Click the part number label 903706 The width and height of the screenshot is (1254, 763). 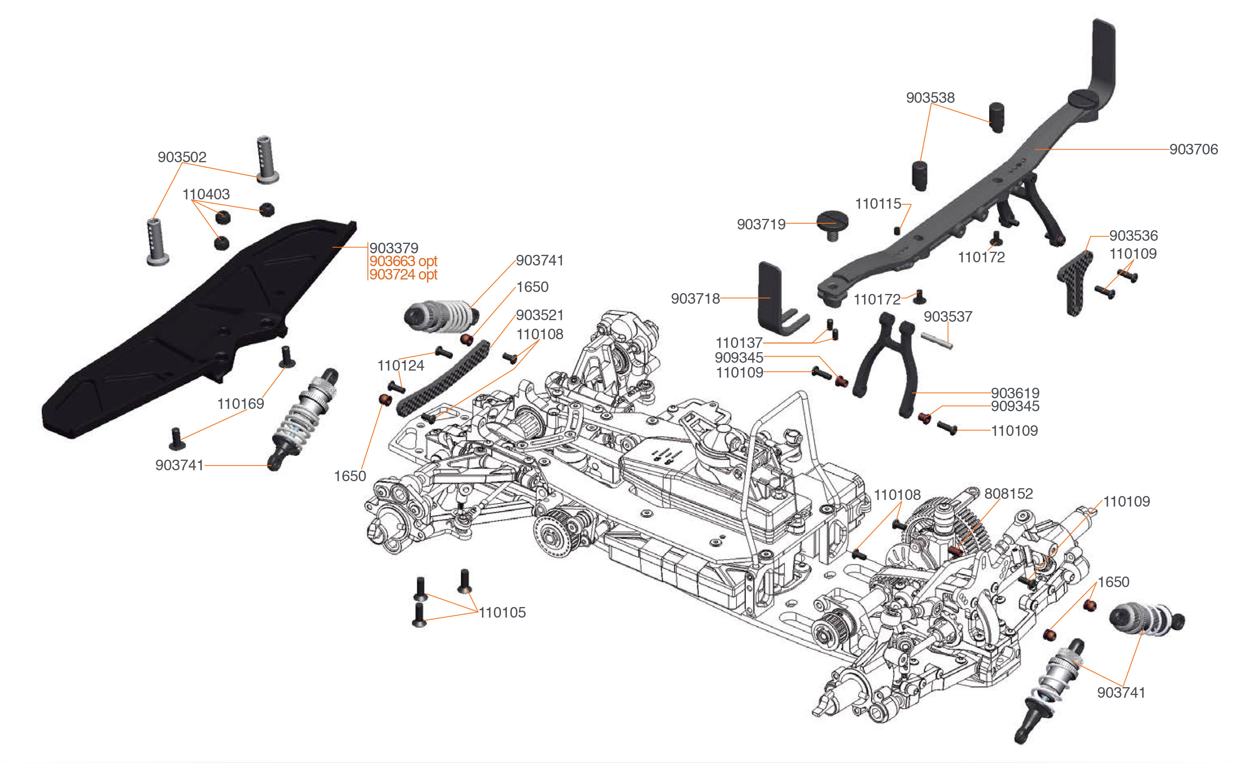(x=1193, y=149)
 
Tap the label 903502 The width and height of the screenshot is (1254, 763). (x=182, y=157)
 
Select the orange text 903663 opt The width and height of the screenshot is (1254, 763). (x=403, y=261)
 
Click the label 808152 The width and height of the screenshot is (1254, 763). (x=1008, y=494)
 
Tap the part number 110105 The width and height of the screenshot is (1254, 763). (x=502, y=612)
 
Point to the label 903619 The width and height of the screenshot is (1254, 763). (x=1015, y=393)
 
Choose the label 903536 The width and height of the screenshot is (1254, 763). (x=1133, y=235)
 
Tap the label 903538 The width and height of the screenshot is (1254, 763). (x=930, y=97)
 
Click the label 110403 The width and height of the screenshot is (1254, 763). (x=206, y=194)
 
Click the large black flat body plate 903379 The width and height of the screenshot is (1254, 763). (x=198, y=326)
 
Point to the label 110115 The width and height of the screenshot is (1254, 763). (x=878, y=204)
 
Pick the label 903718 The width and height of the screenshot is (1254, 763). (x=695, y=299)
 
